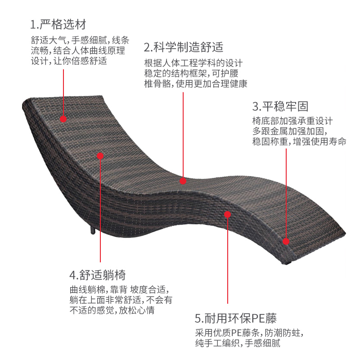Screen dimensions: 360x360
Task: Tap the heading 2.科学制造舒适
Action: (x=184, y=47)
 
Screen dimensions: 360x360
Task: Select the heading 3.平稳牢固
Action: (x=280, y=107)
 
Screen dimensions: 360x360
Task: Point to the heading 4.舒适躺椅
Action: (x=97, y=275)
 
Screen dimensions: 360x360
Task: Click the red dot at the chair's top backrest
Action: (x=63, y=119)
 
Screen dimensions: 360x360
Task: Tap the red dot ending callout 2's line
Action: (x=183, y=181)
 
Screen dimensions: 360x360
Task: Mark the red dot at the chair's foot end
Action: (x=286, y=241)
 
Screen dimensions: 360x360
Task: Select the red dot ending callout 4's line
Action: (x=100, y=156)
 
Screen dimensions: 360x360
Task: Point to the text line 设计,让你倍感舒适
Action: (x=69, y=61)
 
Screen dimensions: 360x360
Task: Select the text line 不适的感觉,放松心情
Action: (x=114, y=310)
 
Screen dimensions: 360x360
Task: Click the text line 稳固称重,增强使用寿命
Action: (x=299, y=142)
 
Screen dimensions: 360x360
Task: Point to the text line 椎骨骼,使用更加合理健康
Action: (x=196, y=84)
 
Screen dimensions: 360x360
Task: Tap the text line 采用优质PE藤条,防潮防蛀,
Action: (x=249, y=333)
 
